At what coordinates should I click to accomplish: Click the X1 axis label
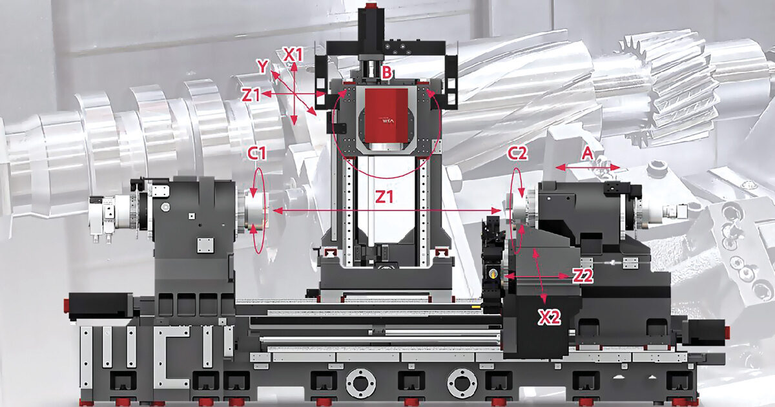(x=293, y=55)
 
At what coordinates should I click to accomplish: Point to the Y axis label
(x=263, y=67)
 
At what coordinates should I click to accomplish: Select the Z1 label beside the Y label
(x=251, y=95)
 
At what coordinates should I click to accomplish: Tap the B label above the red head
(x=386, y=73)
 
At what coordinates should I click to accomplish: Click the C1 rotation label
(x=257, y=153)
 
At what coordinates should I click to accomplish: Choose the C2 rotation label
(x=517, y=153)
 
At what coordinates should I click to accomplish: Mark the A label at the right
(x=587, y=153)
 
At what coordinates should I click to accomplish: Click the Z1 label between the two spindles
(x=384, y=197)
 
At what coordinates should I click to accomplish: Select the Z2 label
(x=583, y=276)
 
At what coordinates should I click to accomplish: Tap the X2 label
(x=549, y=317)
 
